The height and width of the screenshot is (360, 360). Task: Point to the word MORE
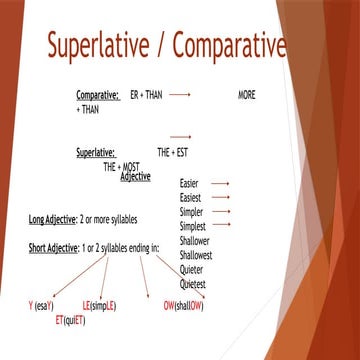[247, 94]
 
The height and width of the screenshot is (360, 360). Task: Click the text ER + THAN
[147, 94]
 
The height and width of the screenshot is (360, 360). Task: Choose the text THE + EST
[173, 153]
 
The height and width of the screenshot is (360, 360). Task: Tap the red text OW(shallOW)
[184, 304]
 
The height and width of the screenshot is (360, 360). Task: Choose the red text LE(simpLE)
[99, 304]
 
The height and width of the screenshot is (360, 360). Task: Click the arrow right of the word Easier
[221, 184]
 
